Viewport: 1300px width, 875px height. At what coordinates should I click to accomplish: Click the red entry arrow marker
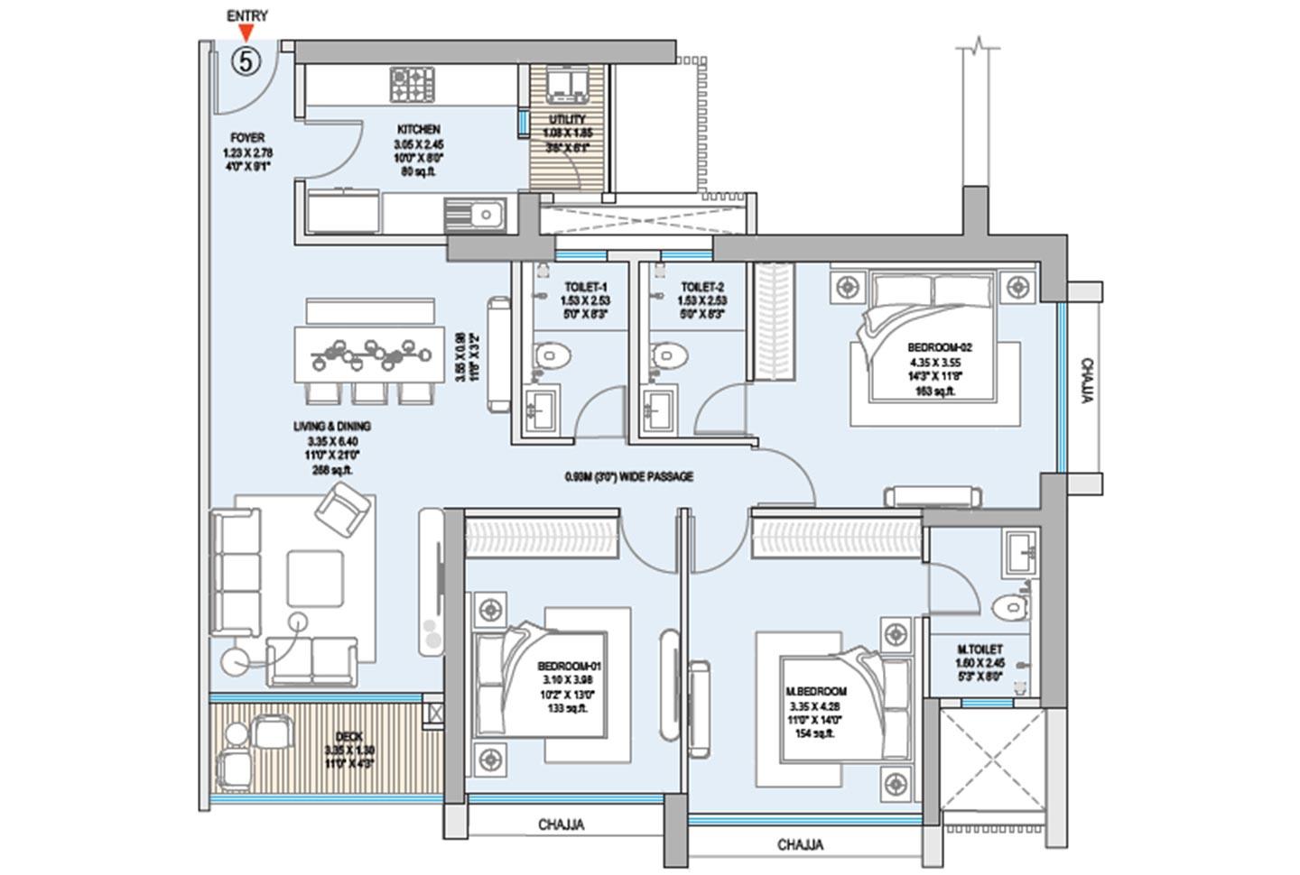[246, 33]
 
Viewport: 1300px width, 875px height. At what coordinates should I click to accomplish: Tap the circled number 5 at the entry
[246, 61]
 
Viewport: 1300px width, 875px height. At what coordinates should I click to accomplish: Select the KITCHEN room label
[418, 130]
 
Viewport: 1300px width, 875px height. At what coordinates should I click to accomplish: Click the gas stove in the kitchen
[413, 85]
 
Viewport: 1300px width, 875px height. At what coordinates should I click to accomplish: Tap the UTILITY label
[567, 119]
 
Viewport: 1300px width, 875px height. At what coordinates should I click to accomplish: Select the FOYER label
[247, 138]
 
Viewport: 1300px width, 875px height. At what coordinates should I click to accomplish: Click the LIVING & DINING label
[331, 426]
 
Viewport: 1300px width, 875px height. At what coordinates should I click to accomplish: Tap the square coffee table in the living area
[315, 578]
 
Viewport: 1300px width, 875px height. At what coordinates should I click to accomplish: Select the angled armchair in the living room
[343, 511]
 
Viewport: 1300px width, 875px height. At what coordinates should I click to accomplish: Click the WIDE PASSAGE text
[628, 476]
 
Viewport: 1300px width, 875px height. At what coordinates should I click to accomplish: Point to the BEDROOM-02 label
[939, 347]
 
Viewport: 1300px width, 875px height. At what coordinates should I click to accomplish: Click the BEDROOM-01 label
[569, 666]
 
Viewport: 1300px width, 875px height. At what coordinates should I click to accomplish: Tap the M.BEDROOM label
[815, 692]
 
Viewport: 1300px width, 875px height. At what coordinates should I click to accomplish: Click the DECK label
[348, 737]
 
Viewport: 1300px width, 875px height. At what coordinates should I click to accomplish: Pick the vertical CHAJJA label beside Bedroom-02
[1086, 380]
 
